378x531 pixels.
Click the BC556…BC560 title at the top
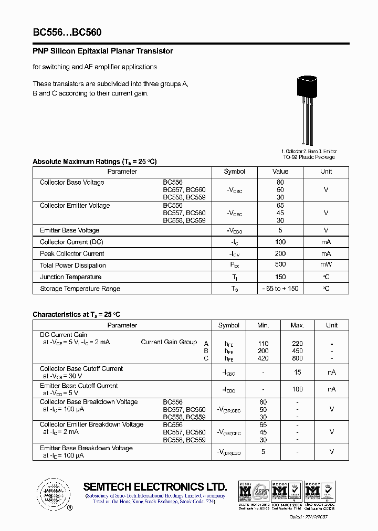67,32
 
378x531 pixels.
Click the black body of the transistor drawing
307,87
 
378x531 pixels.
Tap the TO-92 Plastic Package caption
309,157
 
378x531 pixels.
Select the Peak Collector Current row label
72,254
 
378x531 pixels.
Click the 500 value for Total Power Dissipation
280,265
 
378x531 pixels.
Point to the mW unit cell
326,265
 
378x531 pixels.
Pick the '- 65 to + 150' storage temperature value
280,289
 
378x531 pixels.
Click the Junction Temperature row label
70,277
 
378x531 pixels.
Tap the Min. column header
263,325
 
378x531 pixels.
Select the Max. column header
297,325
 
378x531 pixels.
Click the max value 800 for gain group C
297,358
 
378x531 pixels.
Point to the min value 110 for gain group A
263,344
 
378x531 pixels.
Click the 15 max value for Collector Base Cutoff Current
297,373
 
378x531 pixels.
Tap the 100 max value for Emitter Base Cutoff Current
297,389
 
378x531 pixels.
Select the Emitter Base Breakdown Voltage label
86,449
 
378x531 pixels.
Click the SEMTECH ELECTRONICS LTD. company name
155,486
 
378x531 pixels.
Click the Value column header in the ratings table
280,172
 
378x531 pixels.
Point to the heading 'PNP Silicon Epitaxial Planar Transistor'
103,51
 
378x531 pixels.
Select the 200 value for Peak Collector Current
280,253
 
